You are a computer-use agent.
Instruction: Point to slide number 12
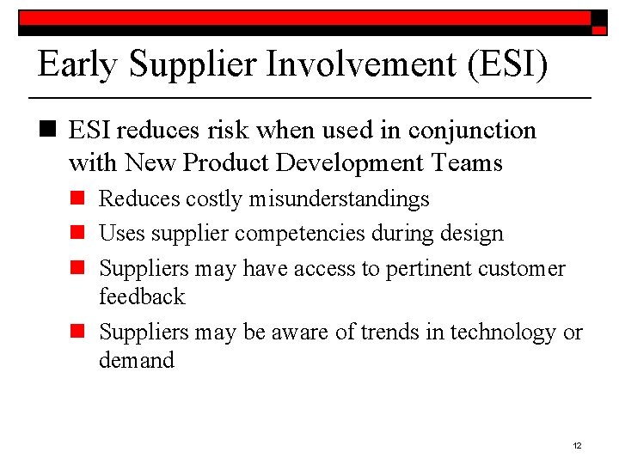(577, 445)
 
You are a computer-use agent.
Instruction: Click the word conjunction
(472, 131)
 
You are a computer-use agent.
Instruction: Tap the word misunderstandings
(340, 199)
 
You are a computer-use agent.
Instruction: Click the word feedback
(142, 297)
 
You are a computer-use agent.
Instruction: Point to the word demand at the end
(137, 361)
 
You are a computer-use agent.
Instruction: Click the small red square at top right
(599, 29)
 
